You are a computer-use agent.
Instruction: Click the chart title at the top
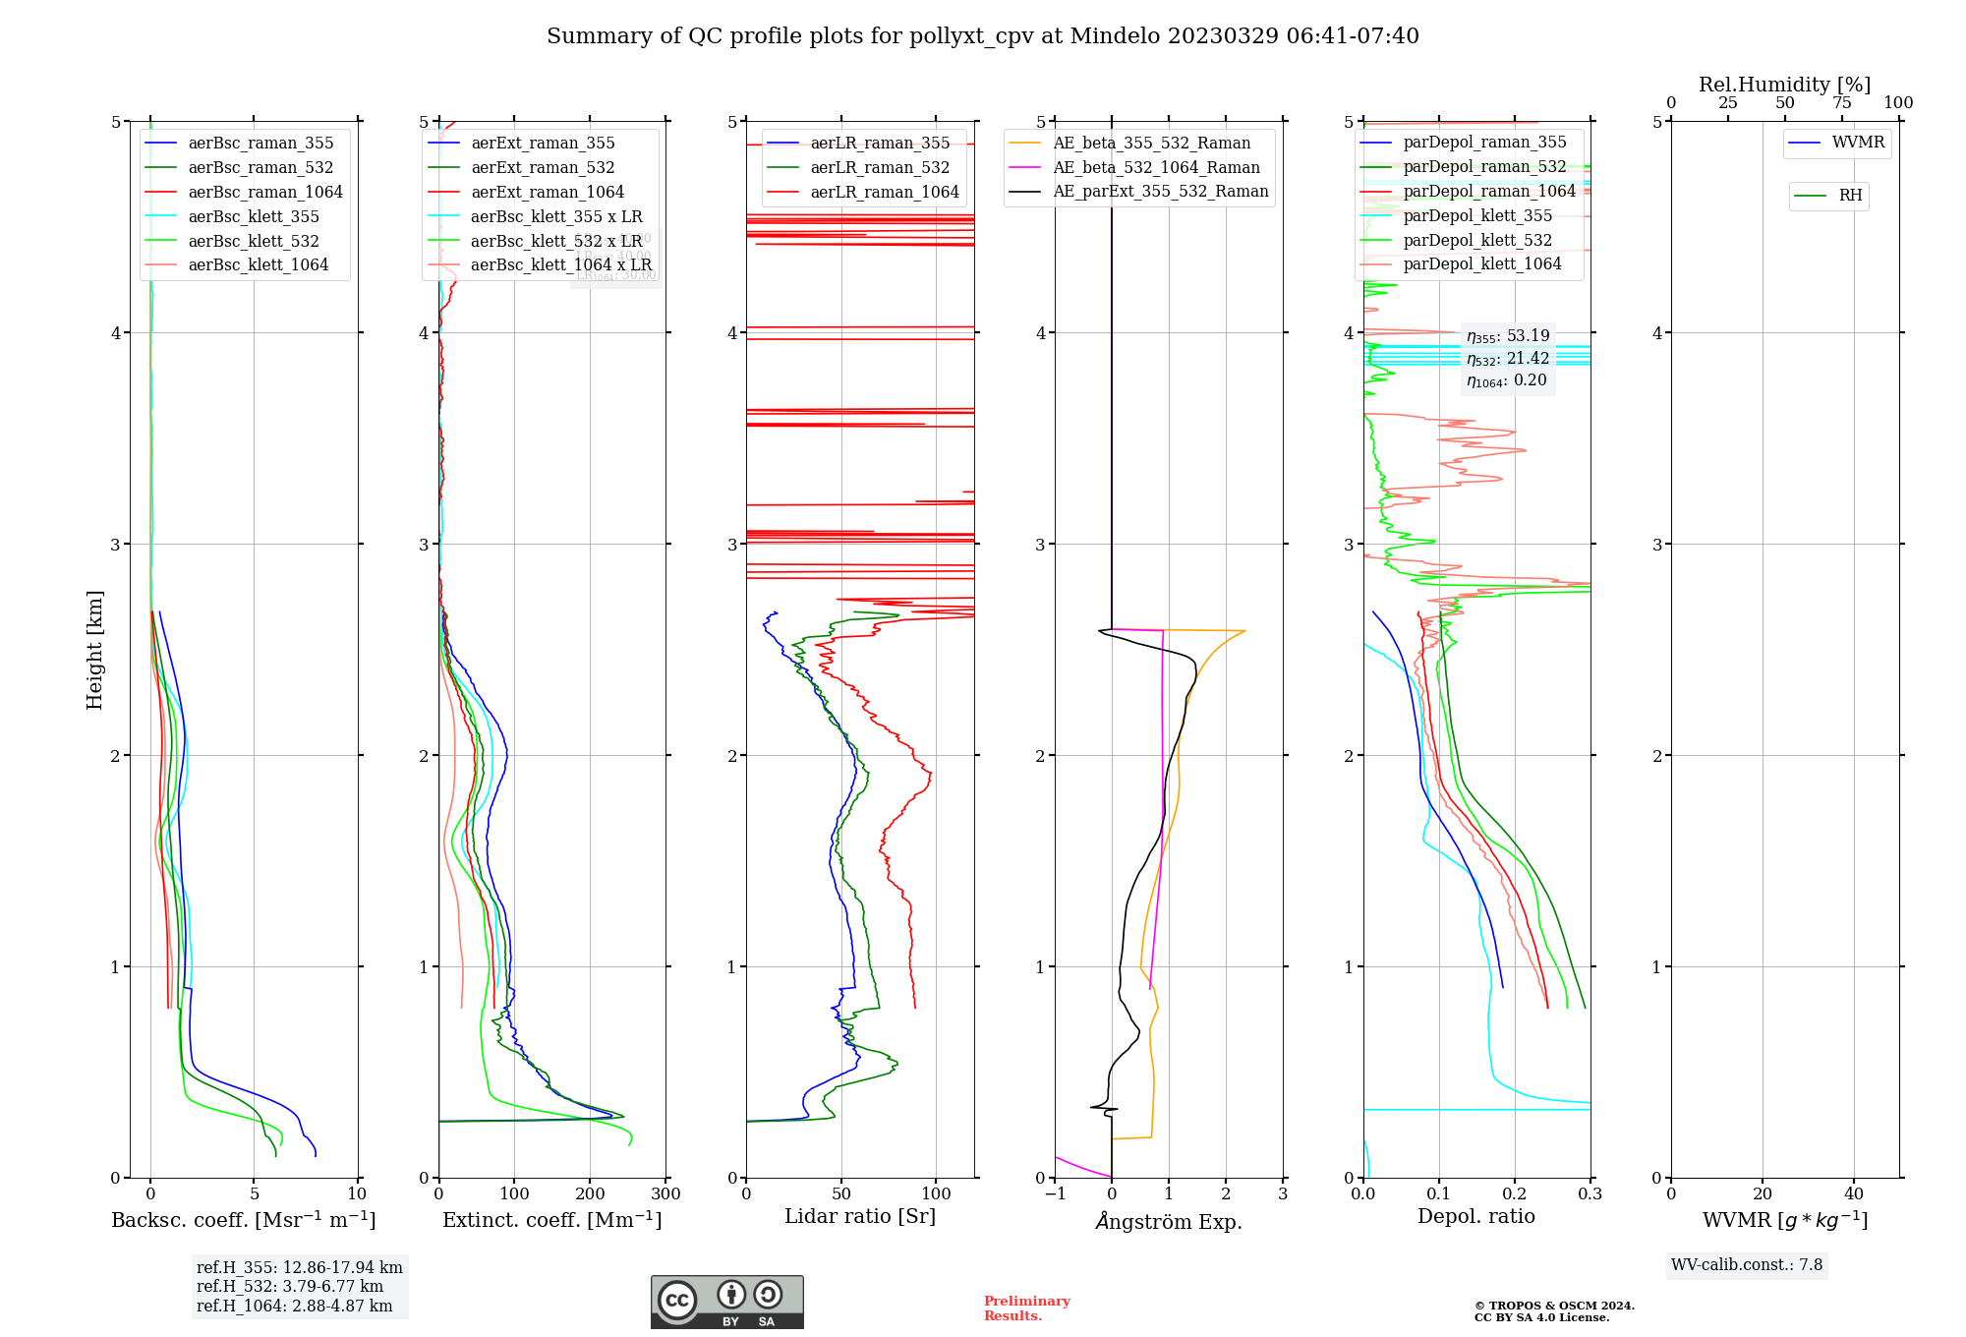[983, 36]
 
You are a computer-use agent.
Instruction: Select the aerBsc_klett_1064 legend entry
[258, 265]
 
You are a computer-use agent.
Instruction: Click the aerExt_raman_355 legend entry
[543, 144]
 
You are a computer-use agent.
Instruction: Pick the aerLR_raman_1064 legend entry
[884, 193]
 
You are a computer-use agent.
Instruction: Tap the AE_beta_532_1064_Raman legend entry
[1156, 168]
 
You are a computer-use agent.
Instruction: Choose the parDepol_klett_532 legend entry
[1477, 241]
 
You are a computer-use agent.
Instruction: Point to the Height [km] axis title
[94, 650]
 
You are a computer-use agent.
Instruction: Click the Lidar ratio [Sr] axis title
[860, 1217]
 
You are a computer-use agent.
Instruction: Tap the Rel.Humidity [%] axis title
[1784, 85]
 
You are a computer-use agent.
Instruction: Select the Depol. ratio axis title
[1475, 1217]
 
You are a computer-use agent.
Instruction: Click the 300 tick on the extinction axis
[665, 1194]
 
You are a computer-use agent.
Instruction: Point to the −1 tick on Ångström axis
[1055, 1194]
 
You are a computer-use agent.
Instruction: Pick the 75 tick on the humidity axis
[1841, 103]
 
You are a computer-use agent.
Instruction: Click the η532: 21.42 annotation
[1508, 359]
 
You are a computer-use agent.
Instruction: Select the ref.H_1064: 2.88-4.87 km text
[294, 1307]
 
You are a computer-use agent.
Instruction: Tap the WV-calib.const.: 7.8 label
[1747, 1265]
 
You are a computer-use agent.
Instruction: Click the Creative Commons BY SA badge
[726, 1302]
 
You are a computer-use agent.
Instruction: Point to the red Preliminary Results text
[1026, 1308]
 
